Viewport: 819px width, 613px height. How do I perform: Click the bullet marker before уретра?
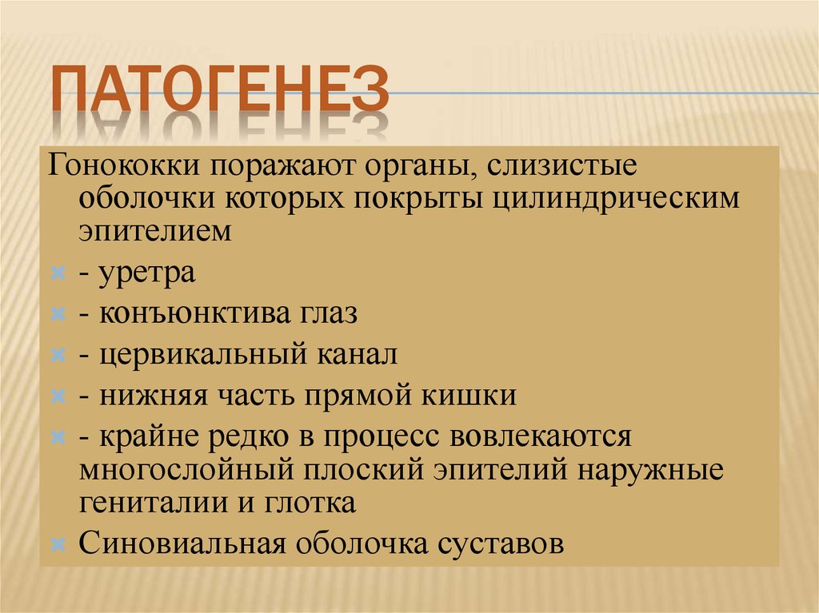click(x=58, y=274)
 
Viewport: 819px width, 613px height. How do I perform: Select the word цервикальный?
click(x=206, y=354)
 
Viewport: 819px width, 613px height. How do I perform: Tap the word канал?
click(x=359, y=354)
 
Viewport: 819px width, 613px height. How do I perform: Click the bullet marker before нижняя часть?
click(x=58, y=396)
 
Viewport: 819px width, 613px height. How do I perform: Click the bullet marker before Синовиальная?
click(x=58, y=545)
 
